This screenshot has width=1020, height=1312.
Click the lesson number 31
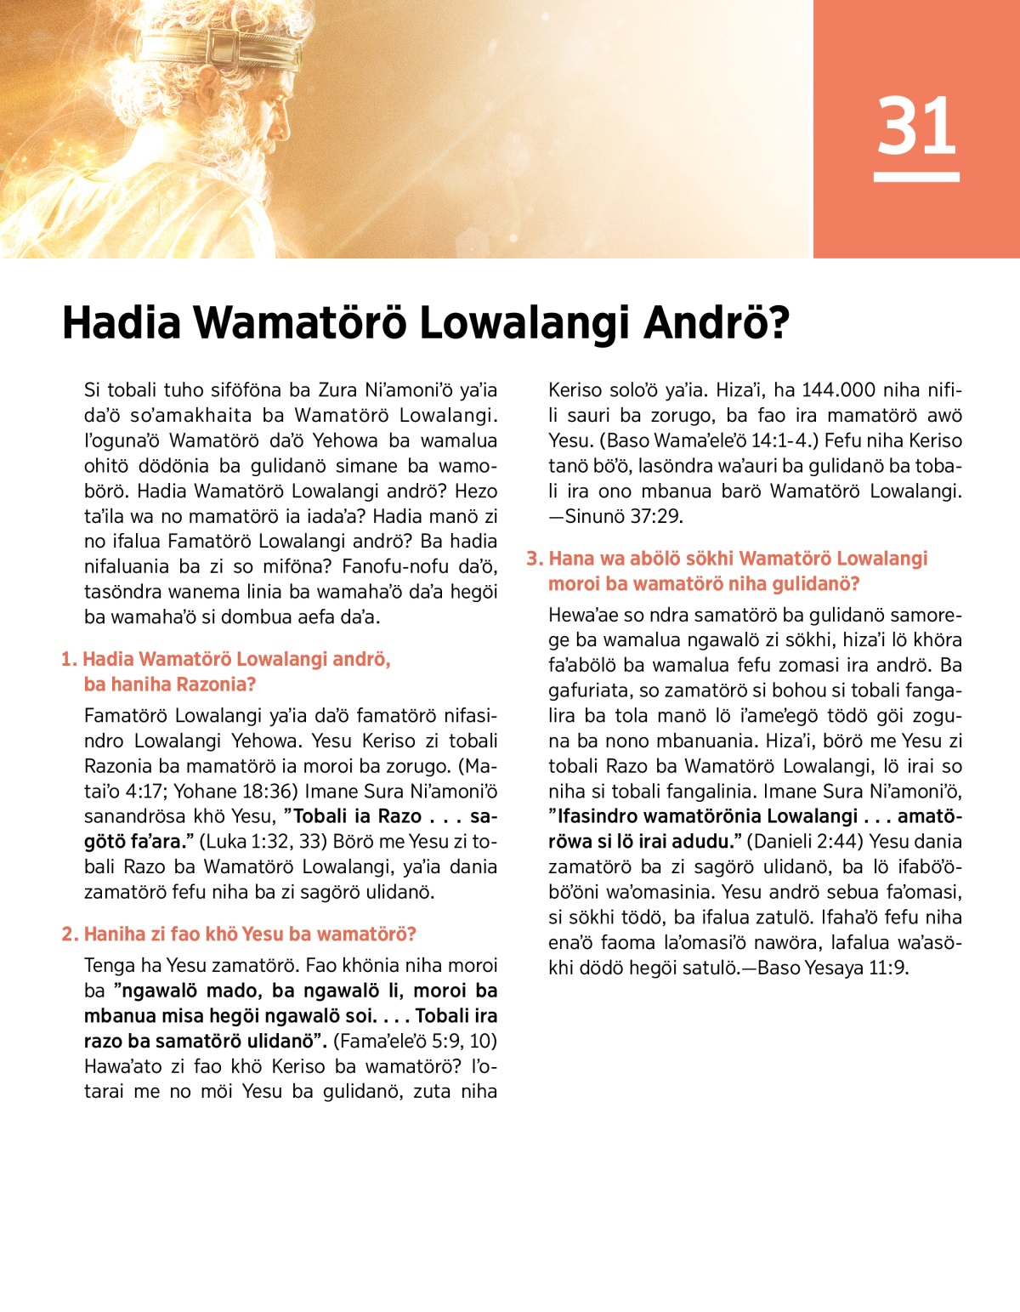click(x=916, y=126)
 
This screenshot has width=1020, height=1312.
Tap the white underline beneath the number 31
click(x=916, y=177)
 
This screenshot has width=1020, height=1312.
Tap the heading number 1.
click(x=67, y=659)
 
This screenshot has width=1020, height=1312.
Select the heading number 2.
click(x=68, y=934)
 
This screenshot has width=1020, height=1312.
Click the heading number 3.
click(x=533, y=559)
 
